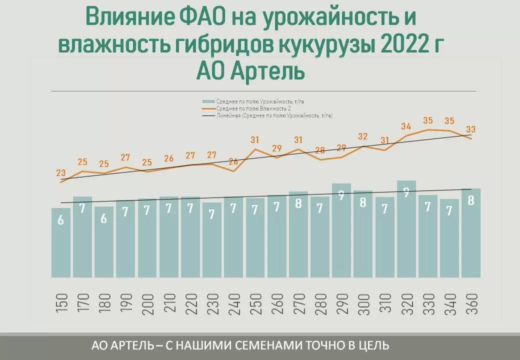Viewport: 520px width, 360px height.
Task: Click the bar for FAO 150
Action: click(x=60, y=242)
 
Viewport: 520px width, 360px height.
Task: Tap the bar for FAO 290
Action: click(x=341, y=230)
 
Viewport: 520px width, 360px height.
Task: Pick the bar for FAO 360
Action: click(x=470, y=233)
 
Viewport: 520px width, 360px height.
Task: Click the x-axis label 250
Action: click(x=255, y=304)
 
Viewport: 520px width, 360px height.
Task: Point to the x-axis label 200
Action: click(x=147, y=304)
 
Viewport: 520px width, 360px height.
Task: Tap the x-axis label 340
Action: click(x=449, y=304)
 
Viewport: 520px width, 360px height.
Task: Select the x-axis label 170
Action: click(x=83, y=304)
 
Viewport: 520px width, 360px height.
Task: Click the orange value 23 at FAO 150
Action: click(x=61, y=173)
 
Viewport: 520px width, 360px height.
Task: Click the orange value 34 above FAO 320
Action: click(x=406, y=126)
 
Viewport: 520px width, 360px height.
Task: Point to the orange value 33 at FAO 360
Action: click(x=470, y=129)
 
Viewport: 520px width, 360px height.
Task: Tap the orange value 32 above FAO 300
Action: click(x=363, y=136)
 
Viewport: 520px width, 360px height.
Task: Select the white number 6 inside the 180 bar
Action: click(x=104, y=218)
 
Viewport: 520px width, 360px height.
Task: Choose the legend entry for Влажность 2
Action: click(x=254, y=108)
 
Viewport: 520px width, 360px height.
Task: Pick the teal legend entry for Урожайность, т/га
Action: click(x=260, y=101)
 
